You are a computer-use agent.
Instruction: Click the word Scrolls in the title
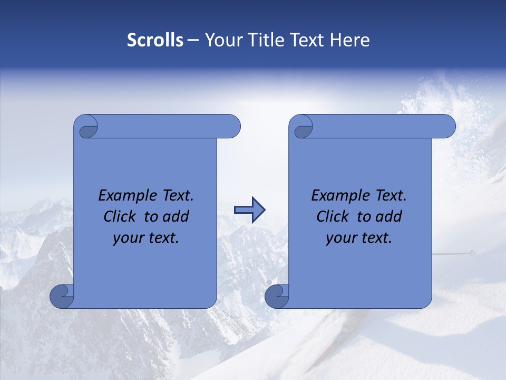pyautogui.click(x=155, y=40)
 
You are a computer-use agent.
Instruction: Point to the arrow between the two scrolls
pyautogui.click(x=249, y=210)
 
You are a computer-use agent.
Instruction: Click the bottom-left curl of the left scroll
pyautogui.click(x=62, y=296)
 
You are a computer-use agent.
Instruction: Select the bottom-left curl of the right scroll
pyautogui.click(x=277, y=296)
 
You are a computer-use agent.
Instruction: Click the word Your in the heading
pyautogui.click(x=221, y=40)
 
